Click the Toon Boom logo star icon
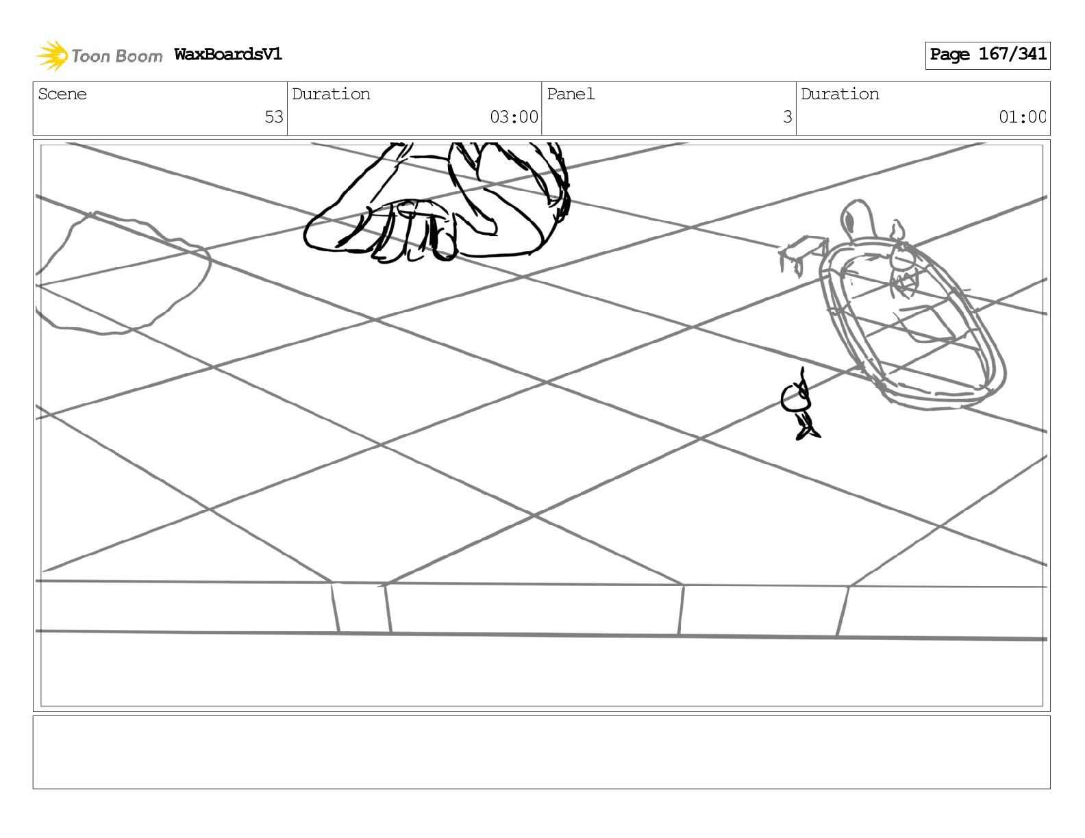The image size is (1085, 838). pos(52,55)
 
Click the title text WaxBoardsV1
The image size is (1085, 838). pos(227,55)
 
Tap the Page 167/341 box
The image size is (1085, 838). pos(987,55)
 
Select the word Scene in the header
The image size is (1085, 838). pos(62,94)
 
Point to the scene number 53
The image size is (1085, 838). pos(273,117)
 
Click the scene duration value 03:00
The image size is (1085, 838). pos(514,117)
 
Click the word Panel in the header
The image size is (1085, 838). pos(571,94)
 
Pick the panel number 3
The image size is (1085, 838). pos(787,117)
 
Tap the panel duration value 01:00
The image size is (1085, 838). pos(1022,117)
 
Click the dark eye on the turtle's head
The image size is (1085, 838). pos(849,220)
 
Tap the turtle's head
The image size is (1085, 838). pos(856,219)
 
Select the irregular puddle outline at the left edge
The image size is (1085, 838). pos(123,274)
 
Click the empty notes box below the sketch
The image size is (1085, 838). pos(541,752)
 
